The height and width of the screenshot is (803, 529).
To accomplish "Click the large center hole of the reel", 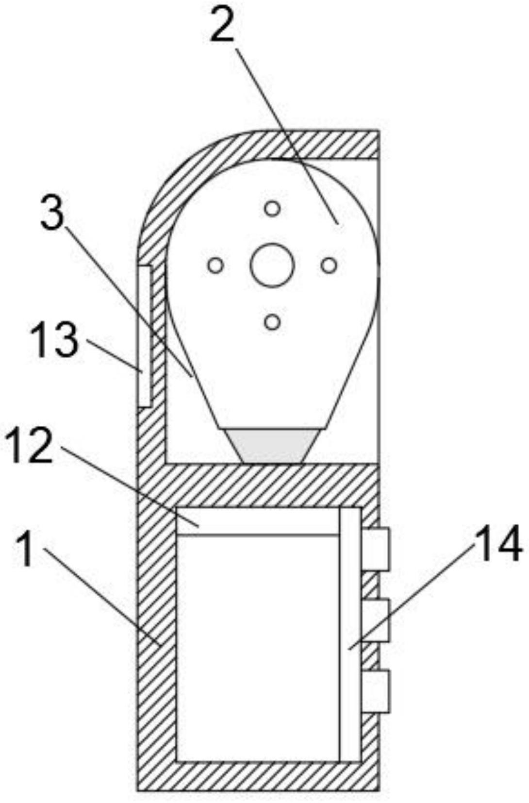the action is click(x=272, y=266).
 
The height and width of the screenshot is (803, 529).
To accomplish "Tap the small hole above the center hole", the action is click(x=272, y=209).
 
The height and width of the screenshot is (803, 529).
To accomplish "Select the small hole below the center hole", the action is click(x=273, y=322).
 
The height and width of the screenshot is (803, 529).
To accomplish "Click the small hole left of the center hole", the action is click(x=215, y=266).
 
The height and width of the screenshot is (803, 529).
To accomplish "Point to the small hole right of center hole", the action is click(x=329, y=266).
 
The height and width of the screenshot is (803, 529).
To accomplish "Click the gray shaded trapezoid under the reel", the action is click(x=272, y=446).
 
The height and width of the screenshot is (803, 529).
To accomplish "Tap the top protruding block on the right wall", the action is click(x=376, y=549).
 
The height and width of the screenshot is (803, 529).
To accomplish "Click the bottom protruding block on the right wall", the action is click(x=376, y=691).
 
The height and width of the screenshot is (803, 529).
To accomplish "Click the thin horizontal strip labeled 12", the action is click(x=257, y=522).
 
